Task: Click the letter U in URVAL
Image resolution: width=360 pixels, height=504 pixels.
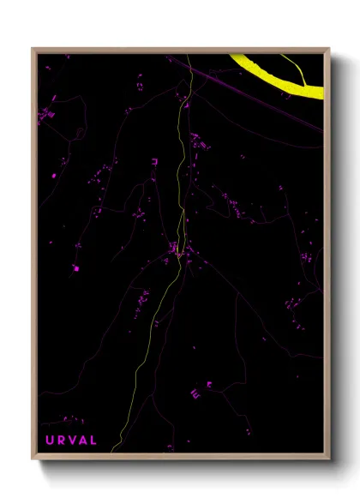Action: point(49,441)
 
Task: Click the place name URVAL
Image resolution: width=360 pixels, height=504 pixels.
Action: point(71,441)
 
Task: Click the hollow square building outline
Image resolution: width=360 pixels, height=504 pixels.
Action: point(154,159)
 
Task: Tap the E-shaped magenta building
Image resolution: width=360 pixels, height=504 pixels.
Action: point(195,393)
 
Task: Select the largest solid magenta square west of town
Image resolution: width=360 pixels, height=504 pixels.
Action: point(75,268)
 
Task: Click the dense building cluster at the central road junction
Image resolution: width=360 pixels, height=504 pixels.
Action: point(176,250)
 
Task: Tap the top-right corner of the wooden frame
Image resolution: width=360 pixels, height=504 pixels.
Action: point(328,49)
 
